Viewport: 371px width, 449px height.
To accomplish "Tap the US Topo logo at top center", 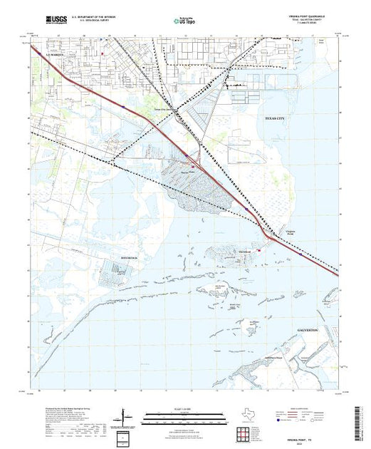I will pyautogui.click(x=185, y=21).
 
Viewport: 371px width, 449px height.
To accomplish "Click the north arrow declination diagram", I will pyautogui.click(x=127, y=416).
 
